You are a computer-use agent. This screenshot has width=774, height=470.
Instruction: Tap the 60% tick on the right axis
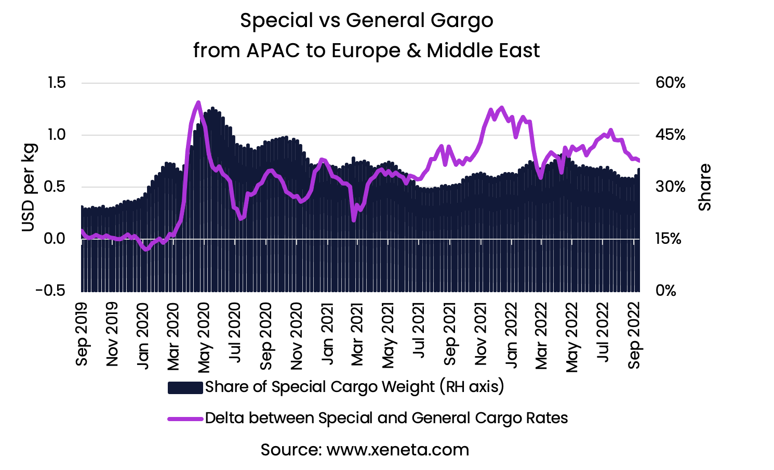click(670, 83)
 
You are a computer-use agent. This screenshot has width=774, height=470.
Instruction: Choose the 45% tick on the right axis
click(670, 135)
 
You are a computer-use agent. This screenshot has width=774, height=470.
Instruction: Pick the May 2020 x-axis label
click(204, 336)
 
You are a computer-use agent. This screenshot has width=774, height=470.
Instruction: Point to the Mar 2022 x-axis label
click(541, 335)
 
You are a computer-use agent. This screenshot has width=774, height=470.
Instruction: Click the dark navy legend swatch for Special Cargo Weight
click(185, 387)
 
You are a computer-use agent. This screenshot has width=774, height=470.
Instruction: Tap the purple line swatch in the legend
click(185, 419)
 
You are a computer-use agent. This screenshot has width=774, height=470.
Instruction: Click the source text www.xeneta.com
click(397, 450)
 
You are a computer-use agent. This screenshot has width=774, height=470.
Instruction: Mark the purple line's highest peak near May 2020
click(198, 102)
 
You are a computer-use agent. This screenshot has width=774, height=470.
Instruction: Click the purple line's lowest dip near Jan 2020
click(146, 250)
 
